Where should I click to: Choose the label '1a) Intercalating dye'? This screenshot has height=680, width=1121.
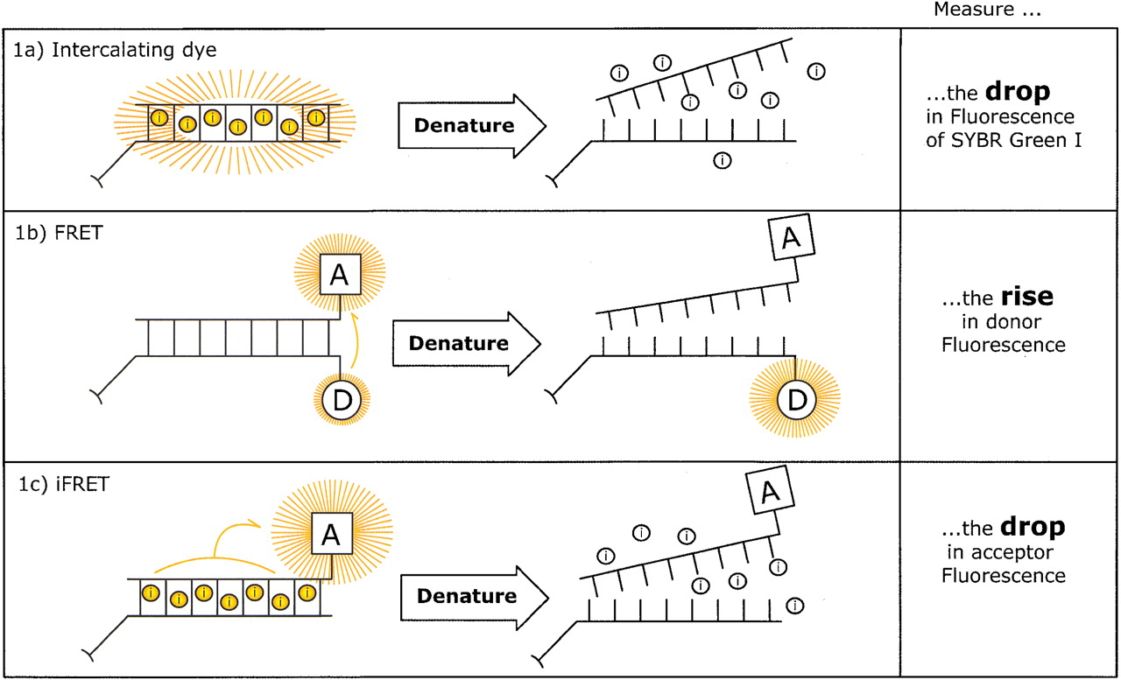[x=116, y=50]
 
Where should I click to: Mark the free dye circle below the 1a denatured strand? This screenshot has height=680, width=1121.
[x=722, y=159]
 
